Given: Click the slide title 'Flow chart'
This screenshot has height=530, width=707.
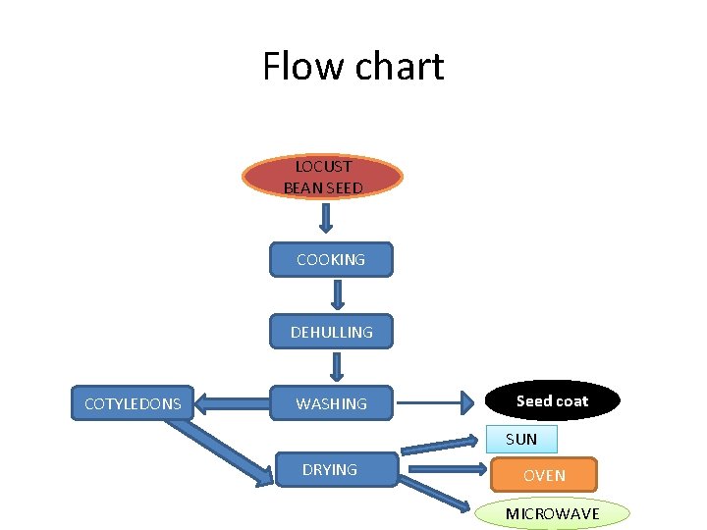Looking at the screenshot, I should (353, 67).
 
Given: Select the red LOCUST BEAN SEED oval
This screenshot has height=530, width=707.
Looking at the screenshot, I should (323, 177).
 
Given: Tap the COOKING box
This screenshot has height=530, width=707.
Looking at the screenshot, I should (331, 260).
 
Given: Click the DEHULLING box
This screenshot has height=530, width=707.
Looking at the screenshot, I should (331, 333).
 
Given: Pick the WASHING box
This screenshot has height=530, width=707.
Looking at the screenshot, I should (331, 403).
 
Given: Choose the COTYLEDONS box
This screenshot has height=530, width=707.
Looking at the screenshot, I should (133, 403).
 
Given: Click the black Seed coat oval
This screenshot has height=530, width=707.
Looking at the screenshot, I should (553, 400).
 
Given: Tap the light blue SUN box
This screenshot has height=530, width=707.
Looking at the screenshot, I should (521, 439).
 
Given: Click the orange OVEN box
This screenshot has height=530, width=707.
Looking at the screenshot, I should (544, 475).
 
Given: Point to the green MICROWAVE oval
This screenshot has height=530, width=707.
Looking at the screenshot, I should (553, 514).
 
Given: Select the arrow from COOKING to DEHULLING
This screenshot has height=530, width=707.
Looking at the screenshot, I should (337, 293).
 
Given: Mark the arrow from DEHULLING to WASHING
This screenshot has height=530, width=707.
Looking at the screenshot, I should (337, 365).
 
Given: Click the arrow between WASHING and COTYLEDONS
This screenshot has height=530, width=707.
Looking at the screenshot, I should (232, 401).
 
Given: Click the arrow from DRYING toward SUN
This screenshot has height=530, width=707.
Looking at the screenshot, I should (442, 448).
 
